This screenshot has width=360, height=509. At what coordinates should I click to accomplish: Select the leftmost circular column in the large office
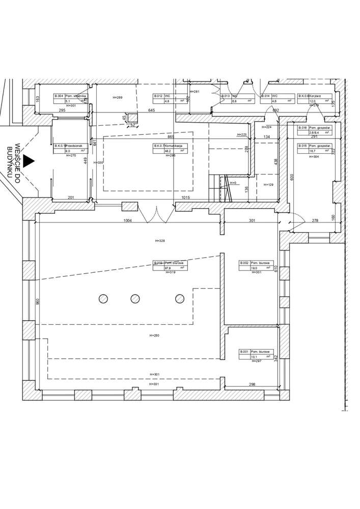[103, 299]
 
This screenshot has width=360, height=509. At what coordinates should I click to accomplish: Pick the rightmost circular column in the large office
[180, 299]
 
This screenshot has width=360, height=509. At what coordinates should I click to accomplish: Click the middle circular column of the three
[135, 299]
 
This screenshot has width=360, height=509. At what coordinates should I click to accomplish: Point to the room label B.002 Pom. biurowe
[257, 265]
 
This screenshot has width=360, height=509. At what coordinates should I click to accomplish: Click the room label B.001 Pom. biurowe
[257, 354]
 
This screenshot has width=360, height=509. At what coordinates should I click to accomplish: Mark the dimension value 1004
[128, 220]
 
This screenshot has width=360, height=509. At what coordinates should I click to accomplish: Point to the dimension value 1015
[185, 197]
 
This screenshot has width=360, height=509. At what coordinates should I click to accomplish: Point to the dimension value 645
[151, 110]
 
